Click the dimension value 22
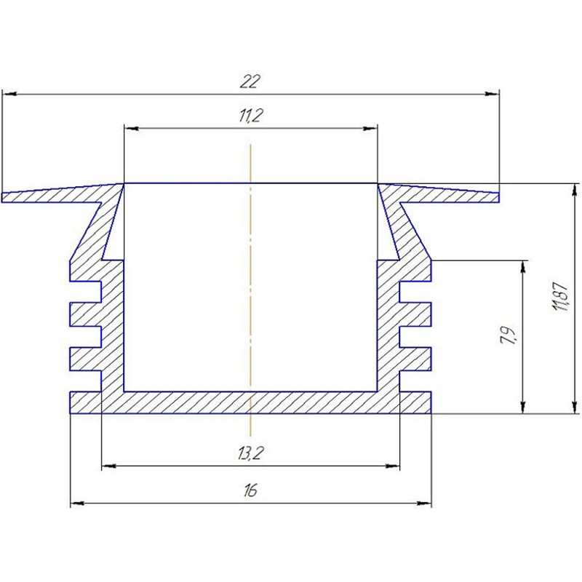tap(250, 81)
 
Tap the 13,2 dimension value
tap(251, 453)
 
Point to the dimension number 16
tap(250, 490)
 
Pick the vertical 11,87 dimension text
tap(560, 296)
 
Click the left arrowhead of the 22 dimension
tap(9, 95)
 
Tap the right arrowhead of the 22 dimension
tap(493, 95)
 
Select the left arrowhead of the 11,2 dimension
tap(132, 129)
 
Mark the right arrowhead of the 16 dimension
tap(424, 503)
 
